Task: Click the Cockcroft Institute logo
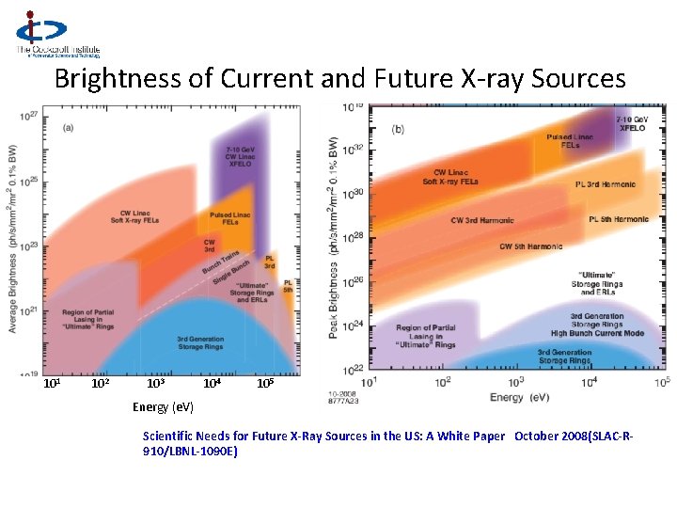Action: click(55, 35)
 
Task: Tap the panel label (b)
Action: click(398, 130)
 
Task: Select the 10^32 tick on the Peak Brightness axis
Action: click(351, 150)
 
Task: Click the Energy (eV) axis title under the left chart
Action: click(163, 406)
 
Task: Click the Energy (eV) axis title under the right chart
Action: click(520, 397)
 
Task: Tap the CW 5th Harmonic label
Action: click(531, 246)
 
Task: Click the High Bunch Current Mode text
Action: click(597, 333)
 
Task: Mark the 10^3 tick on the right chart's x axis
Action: click(516, 381)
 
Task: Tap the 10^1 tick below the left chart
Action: click(53, 384)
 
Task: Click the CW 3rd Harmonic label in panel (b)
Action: click(482, 220)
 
